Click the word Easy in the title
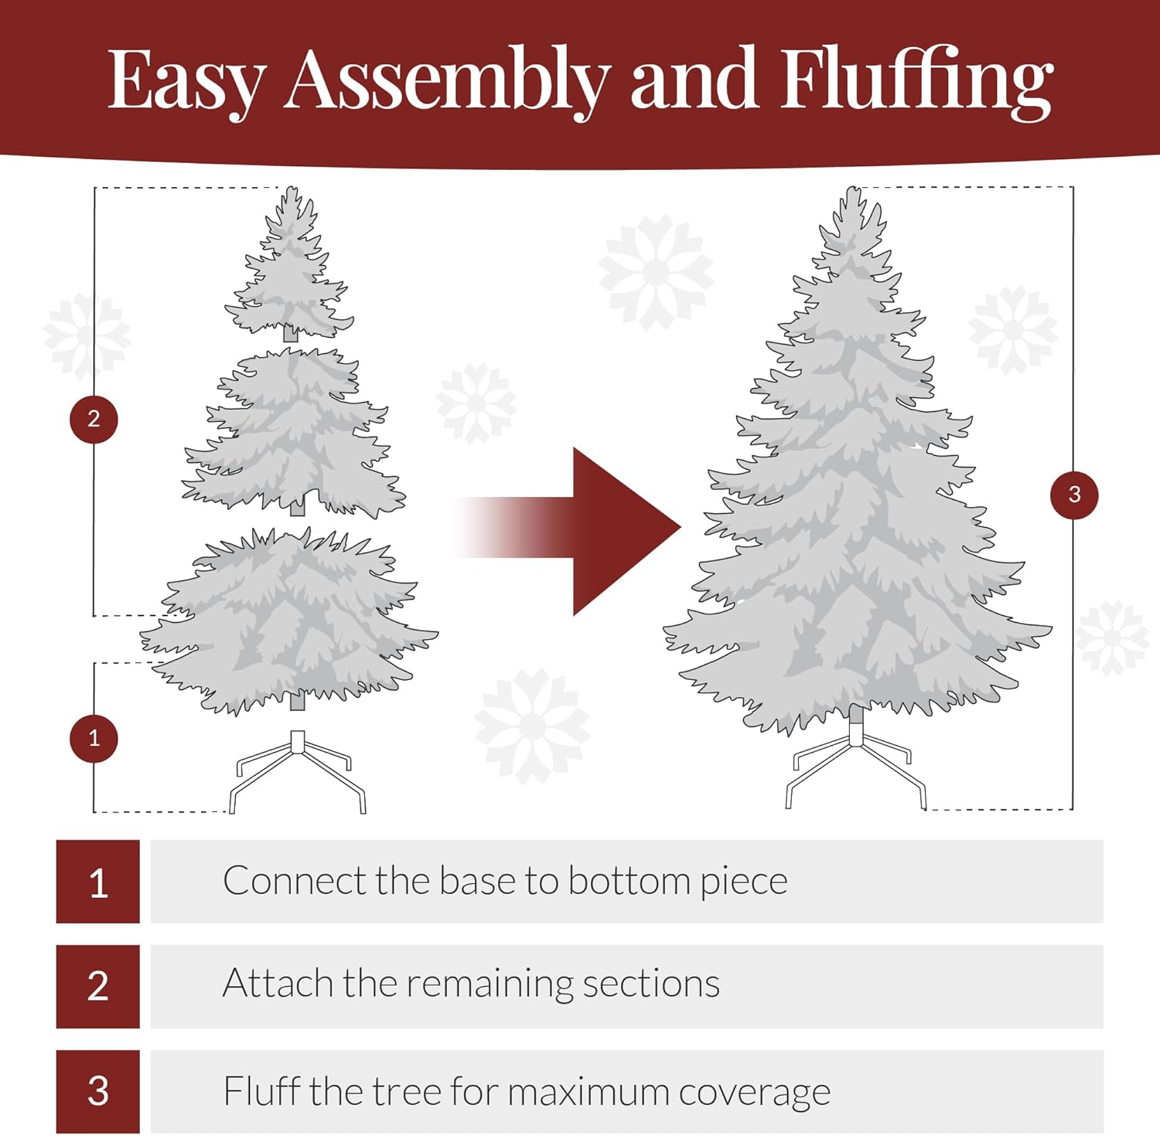pyautogui.click(x=186, y=81)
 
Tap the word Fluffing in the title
pyautogui.click(x=916, y=81)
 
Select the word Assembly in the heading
pyautogui.click(x=446, y=81)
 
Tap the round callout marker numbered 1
pyautogui.click(x=94, y=738)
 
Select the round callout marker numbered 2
pyautogui.click(x=94, y=419)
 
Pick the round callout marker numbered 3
pyautogui.click(x=1074, y=495)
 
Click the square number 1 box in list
pyautogui.click(x=98, y=882)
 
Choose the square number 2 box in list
pyautogui.click(x=98, y=986)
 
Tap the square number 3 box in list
pyautogui.click(x=98, y=1091)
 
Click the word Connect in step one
pyautogui.click(x=293, y=881)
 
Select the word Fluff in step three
pyautogui.click(x=261, y=1091)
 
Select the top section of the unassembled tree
pyautogui.click(x=290, y=270)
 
